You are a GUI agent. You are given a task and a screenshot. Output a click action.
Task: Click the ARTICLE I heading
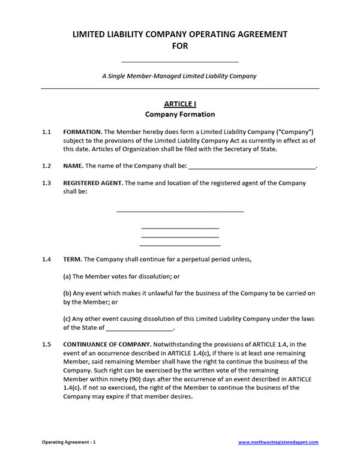pos(179,104)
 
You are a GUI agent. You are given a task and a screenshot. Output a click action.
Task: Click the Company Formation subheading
pos(180,115)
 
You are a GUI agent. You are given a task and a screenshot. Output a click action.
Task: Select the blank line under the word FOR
pos(180,61)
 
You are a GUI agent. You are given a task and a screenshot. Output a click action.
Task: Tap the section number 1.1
pos(46,131)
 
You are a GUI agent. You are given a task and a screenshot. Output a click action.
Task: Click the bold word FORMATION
pos(82,131)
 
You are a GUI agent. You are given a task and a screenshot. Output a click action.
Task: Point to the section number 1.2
pos(46,166)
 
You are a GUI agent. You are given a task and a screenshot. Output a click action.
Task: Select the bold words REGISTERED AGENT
pos(93,183)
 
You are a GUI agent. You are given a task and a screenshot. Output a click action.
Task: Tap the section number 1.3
pos(46,183)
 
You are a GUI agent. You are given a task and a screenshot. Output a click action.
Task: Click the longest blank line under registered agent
pos(180,211)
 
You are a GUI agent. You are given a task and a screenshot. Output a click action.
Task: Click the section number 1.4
pos(46,260)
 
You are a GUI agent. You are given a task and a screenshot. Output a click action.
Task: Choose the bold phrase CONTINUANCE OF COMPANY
pos(106,345)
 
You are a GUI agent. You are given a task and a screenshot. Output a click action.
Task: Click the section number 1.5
pos(46,345)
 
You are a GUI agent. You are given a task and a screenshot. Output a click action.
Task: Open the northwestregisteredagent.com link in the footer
pos(278,442)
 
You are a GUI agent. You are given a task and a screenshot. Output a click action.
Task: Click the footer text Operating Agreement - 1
pos(68,442)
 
